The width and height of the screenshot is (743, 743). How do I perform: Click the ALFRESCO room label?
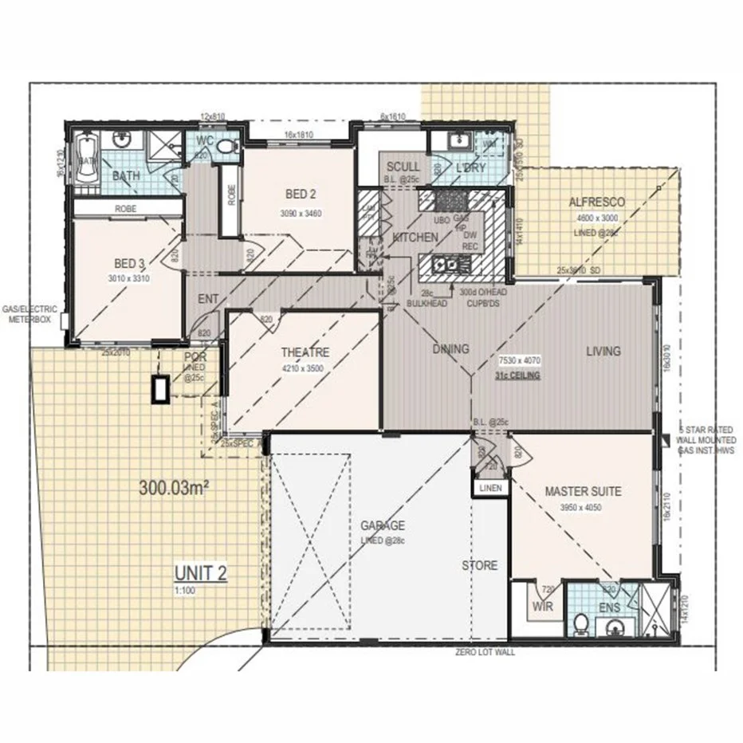click(x=596, y=202)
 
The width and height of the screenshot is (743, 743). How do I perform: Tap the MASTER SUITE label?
click(x=583, y=491)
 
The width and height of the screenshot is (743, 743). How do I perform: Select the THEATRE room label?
click(x=305, y=352)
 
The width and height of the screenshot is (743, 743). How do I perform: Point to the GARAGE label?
click(x=383, y=526)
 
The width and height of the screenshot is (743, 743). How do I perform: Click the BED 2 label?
click(x=302, y=194)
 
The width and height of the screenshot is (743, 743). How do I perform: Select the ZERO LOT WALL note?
click(x=485, y=651)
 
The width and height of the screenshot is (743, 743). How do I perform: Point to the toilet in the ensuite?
click(x=580, y=621)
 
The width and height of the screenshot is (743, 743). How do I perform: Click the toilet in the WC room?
click(x=226, y=147)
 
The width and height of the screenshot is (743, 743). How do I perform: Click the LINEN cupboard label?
click(x=489, y=487)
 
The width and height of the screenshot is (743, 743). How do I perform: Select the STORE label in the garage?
click(x=480, y=565)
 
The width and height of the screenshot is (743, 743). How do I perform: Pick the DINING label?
click(x=450, y=349)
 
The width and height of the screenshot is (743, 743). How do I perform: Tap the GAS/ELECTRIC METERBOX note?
click(x=29, y=314)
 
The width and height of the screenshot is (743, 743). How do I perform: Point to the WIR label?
click(x=542, y=606)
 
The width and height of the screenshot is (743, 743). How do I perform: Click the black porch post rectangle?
click(x=161, y=389)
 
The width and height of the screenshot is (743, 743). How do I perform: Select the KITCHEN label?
click(x=415, y=238)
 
